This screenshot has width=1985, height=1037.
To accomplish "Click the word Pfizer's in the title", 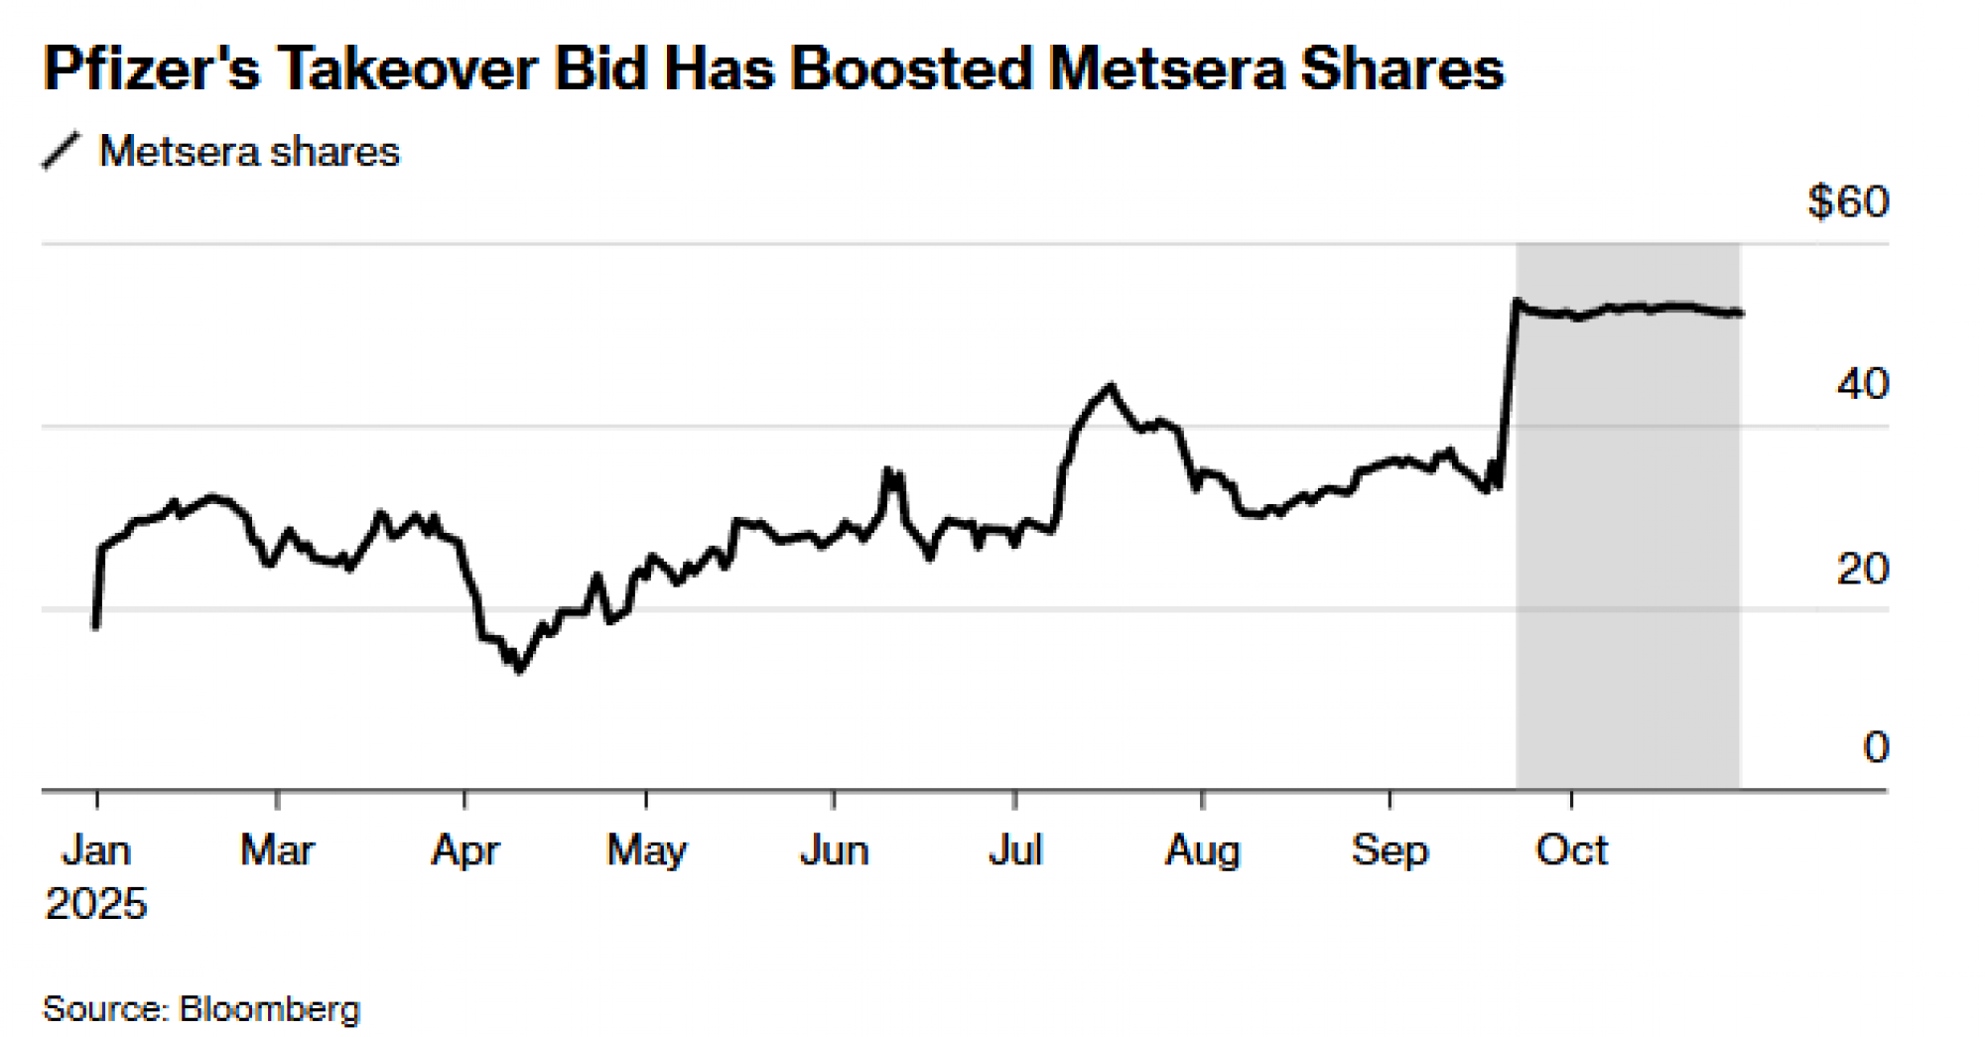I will (x=152, y=69).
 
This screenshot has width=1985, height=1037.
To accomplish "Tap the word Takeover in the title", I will (x=407, y=69).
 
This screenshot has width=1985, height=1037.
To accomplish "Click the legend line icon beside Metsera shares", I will (x=62, y=152).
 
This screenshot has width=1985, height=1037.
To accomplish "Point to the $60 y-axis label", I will (x=1848, y=202).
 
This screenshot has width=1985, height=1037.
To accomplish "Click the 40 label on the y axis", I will (x=1862, y=385).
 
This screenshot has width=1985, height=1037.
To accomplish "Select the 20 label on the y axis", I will (x=1862, y=570).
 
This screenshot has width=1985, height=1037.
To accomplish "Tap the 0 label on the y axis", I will (x=1875, y=747).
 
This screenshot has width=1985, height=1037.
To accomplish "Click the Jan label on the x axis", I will (x=96, y=850).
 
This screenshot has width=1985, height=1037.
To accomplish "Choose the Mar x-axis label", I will (x=277, y=850).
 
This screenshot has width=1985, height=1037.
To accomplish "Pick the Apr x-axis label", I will (x=464, y=851).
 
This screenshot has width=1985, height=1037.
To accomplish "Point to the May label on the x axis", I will (x=646, y=851).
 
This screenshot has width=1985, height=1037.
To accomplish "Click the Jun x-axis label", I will (x=834, y=850).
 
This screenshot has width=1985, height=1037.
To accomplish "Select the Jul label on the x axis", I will (x=1015, y=850).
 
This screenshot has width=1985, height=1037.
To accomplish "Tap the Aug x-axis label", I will (x=1202, y=851).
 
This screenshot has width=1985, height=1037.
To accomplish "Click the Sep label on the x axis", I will (x=1389, y=851).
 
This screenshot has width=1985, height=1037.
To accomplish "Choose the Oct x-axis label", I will (x=1571, y=850).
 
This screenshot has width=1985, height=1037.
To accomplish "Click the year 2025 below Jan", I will (x=96, y=904).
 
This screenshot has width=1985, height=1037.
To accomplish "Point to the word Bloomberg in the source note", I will (x=269, y=1009).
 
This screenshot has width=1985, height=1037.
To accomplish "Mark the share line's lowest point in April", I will (x=519, y=671).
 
